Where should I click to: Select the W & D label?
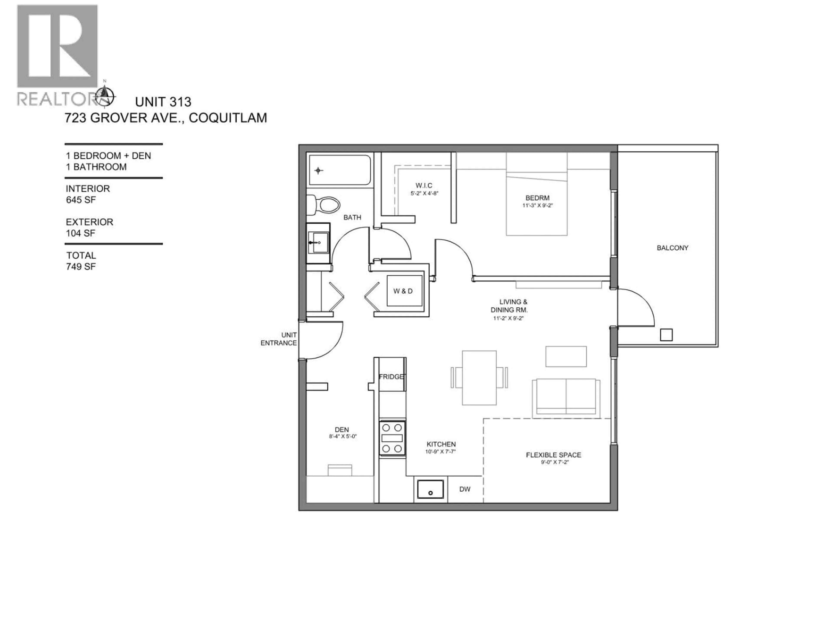[403, 291]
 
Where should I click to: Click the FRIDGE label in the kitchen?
[391, 377]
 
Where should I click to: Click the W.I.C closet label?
[424, 185]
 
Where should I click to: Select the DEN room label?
[342, 429]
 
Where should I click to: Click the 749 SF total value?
[81, 267]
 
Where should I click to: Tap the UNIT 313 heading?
[163, 102]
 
